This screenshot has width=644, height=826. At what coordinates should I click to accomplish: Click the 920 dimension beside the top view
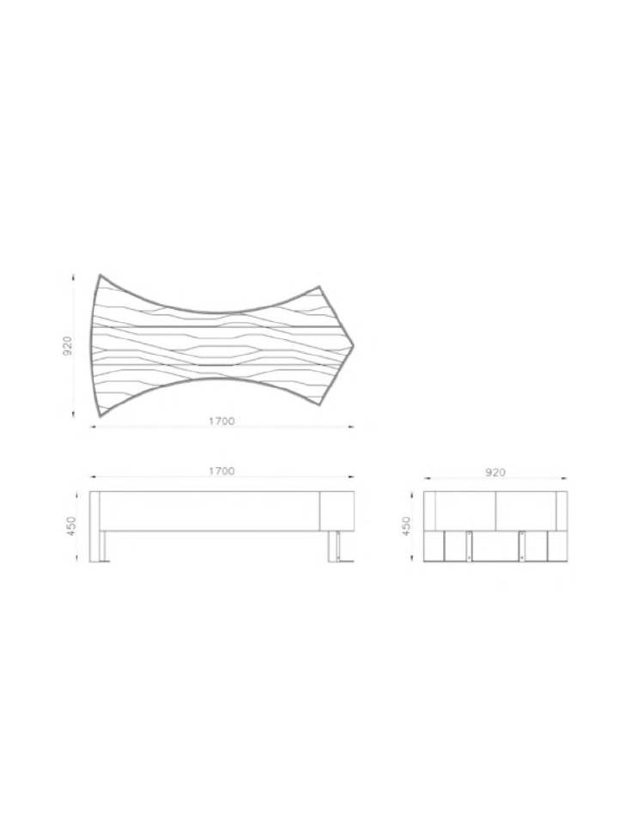click(x=68, y=345)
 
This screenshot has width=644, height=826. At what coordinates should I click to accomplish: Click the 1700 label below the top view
click(x=222, y=421)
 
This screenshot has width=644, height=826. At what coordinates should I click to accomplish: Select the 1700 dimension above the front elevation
click(x=222, y=471)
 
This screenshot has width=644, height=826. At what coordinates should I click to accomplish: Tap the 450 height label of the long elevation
click(x=71, y=526)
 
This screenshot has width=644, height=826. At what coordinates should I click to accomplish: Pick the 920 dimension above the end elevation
click(x=495, y=472)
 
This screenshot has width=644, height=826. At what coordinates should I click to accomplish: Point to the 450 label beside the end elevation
click(x=406, y=526)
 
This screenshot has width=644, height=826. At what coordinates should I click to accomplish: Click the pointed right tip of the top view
click(x=354, y=345)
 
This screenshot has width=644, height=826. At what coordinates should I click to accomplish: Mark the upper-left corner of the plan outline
click(x=100, y=275)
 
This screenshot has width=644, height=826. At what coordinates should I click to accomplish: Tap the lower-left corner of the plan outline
click(x=99, y=416)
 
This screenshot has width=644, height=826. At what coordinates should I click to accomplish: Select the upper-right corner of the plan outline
click(x=319, y=286)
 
